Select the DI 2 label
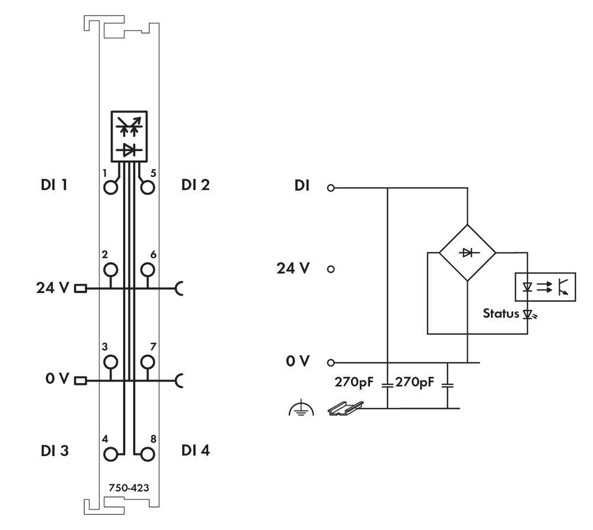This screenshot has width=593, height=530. [196, 185]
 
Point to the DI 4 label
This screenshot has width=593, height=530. [196, 451]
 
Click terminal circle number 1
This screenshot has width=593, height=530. [110, 187]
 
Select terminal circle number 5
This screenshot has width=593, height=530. [148, 187]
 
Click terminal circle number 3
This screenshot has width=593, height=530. [110, 361]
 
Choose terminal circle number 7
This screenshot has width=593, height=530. [148, 361]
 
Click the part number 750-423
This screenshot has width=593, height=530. [129, 488]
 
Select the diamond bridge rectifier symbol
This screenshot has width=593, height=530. [467, 252]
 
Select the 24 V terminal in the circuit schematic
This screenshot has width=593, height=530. [331, 268]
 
